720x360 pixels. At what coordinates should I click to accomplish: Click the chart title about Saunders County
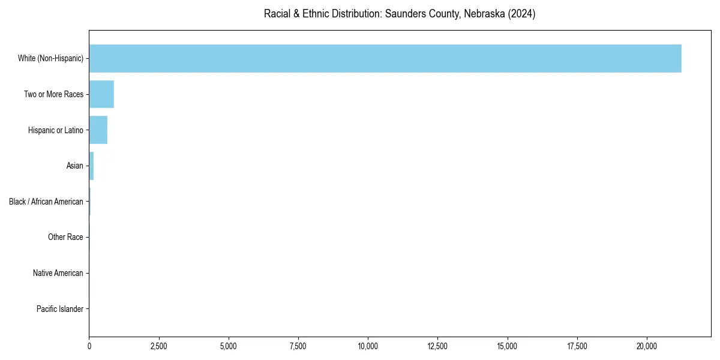tap(400, 14)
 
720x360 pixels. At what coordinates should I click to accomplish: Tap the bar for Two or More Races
tap(101, 94)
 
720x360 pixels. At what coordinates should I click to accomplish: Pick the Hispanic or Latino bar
tap(98, 130)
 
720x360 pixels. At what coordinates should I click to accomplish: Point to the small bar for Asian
tap(91, 166)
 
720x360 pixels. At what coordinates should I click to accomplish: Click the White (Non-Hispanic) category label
tap(50, 58)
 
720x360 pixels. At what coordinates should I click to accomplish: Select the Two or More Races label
tap(53, 94)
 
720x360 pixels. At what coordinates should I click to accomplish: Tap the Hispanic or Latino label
tap(55, 130)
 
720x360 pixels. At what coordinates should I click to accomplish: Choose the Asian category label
tap(74, 166)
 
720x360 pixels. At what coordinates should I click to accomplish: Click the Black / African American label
tap(46, 202)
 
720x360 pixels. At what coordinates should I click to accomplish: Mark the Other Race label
tap(65, 238)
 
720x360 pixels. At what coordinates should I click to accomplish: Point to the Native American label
tap(58, 273)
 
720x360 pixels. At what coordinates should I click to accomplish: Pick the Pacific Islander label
tap(59, 309)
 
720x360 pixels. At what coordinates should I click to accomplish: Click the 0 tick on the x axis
tap(89, 346)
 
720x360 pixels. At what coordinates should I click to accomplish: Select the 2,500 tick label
tap(159, 346)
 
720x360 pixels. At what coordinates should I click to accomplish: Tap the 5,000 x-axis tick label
tap(229, 346)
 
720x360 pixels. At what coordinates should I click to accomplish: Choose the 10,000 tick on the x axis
tap(368, 346)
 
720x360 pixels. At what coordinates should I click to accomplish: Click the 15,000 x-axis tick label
tap(508, 346)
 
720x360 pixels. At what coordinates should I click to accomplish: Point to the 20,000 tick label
tap(647, 346)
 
